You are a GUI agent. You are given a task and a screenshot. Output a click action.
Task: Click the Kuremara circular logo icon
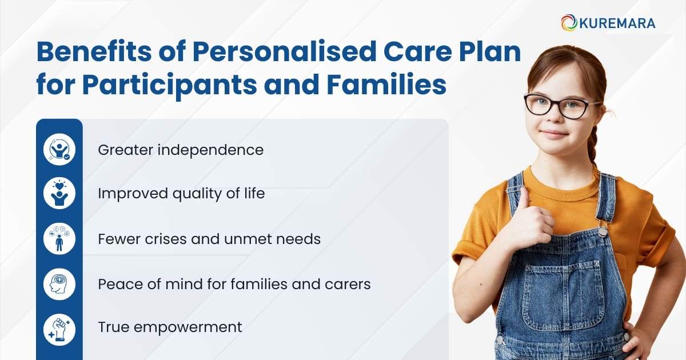coord(569,23)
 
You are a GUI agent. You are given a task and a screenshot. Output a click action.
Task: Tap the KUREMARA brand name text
coord(617,23)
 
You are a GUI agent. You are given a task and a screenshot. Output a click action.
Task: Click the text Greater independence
coord(181,150)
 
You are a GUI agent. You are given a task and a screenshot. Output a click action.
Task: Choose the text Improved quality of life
coord(181,194)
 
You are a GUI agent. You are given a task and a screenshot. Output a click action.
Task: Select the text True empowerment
coord(170,327)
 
